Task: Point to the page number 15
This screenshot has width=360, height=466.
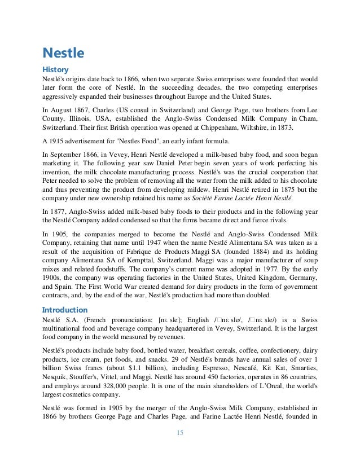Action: pos(180,433)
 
